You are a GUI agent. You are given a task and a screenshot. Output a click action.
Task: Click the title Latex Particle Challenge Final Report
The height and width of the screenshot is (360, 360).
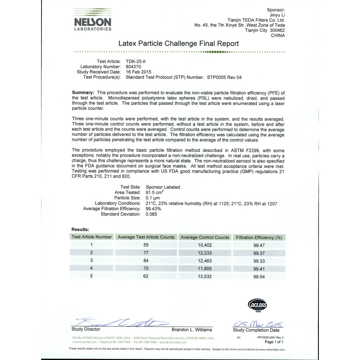click(179, 44)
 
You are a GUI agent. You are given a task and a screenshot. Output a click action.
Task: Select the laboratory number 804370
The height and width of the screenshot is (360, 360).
click(134, 66)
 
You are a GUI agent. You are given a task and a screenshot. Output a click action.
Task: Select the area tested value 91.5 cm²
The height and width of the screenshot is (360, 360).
click(155, 192)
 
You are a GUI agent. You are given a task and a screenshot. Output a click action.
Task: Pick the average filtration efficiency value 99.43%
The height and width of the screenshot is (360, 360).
click(153, 208)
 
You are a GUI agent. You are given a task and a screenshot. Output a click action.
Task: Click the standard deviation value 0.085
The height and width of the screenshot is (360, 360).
click(151, 214)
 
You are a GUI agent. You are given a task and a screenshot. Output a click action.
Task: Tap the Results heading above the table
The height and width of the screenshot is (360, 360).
click(81, 229)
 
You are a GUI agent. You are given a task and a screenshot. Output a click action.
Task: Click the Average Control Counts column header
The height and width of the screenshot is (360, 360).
click(205, 237)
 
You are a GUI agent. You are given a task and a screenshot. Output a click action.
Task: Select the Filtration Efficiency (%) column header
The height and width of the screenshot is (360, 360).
click(259, 237)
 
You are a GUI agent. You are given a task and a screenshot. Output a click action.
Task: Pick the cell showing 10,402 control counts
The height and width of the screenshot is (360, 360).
click(205, 245)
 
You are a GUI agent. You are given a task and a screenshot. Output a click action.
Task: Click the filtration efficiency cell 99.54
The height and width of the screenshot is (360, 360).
click(259, 277)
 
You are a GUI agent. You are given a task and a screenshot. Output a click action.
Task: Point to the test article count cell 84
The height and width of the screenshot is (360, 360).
click(146, 261)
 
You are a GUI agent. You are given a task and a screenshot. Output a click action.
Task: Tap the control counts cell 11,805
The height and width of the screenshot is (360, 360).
click(205, 269)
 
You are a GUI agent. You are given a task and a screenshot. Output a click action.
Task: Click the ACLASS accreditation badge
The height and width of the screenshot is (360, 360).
click(258, 304)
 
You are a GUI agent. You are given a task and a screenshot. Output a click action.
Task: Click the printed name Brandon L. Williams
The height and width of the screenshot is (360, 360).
click(192, 330)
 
